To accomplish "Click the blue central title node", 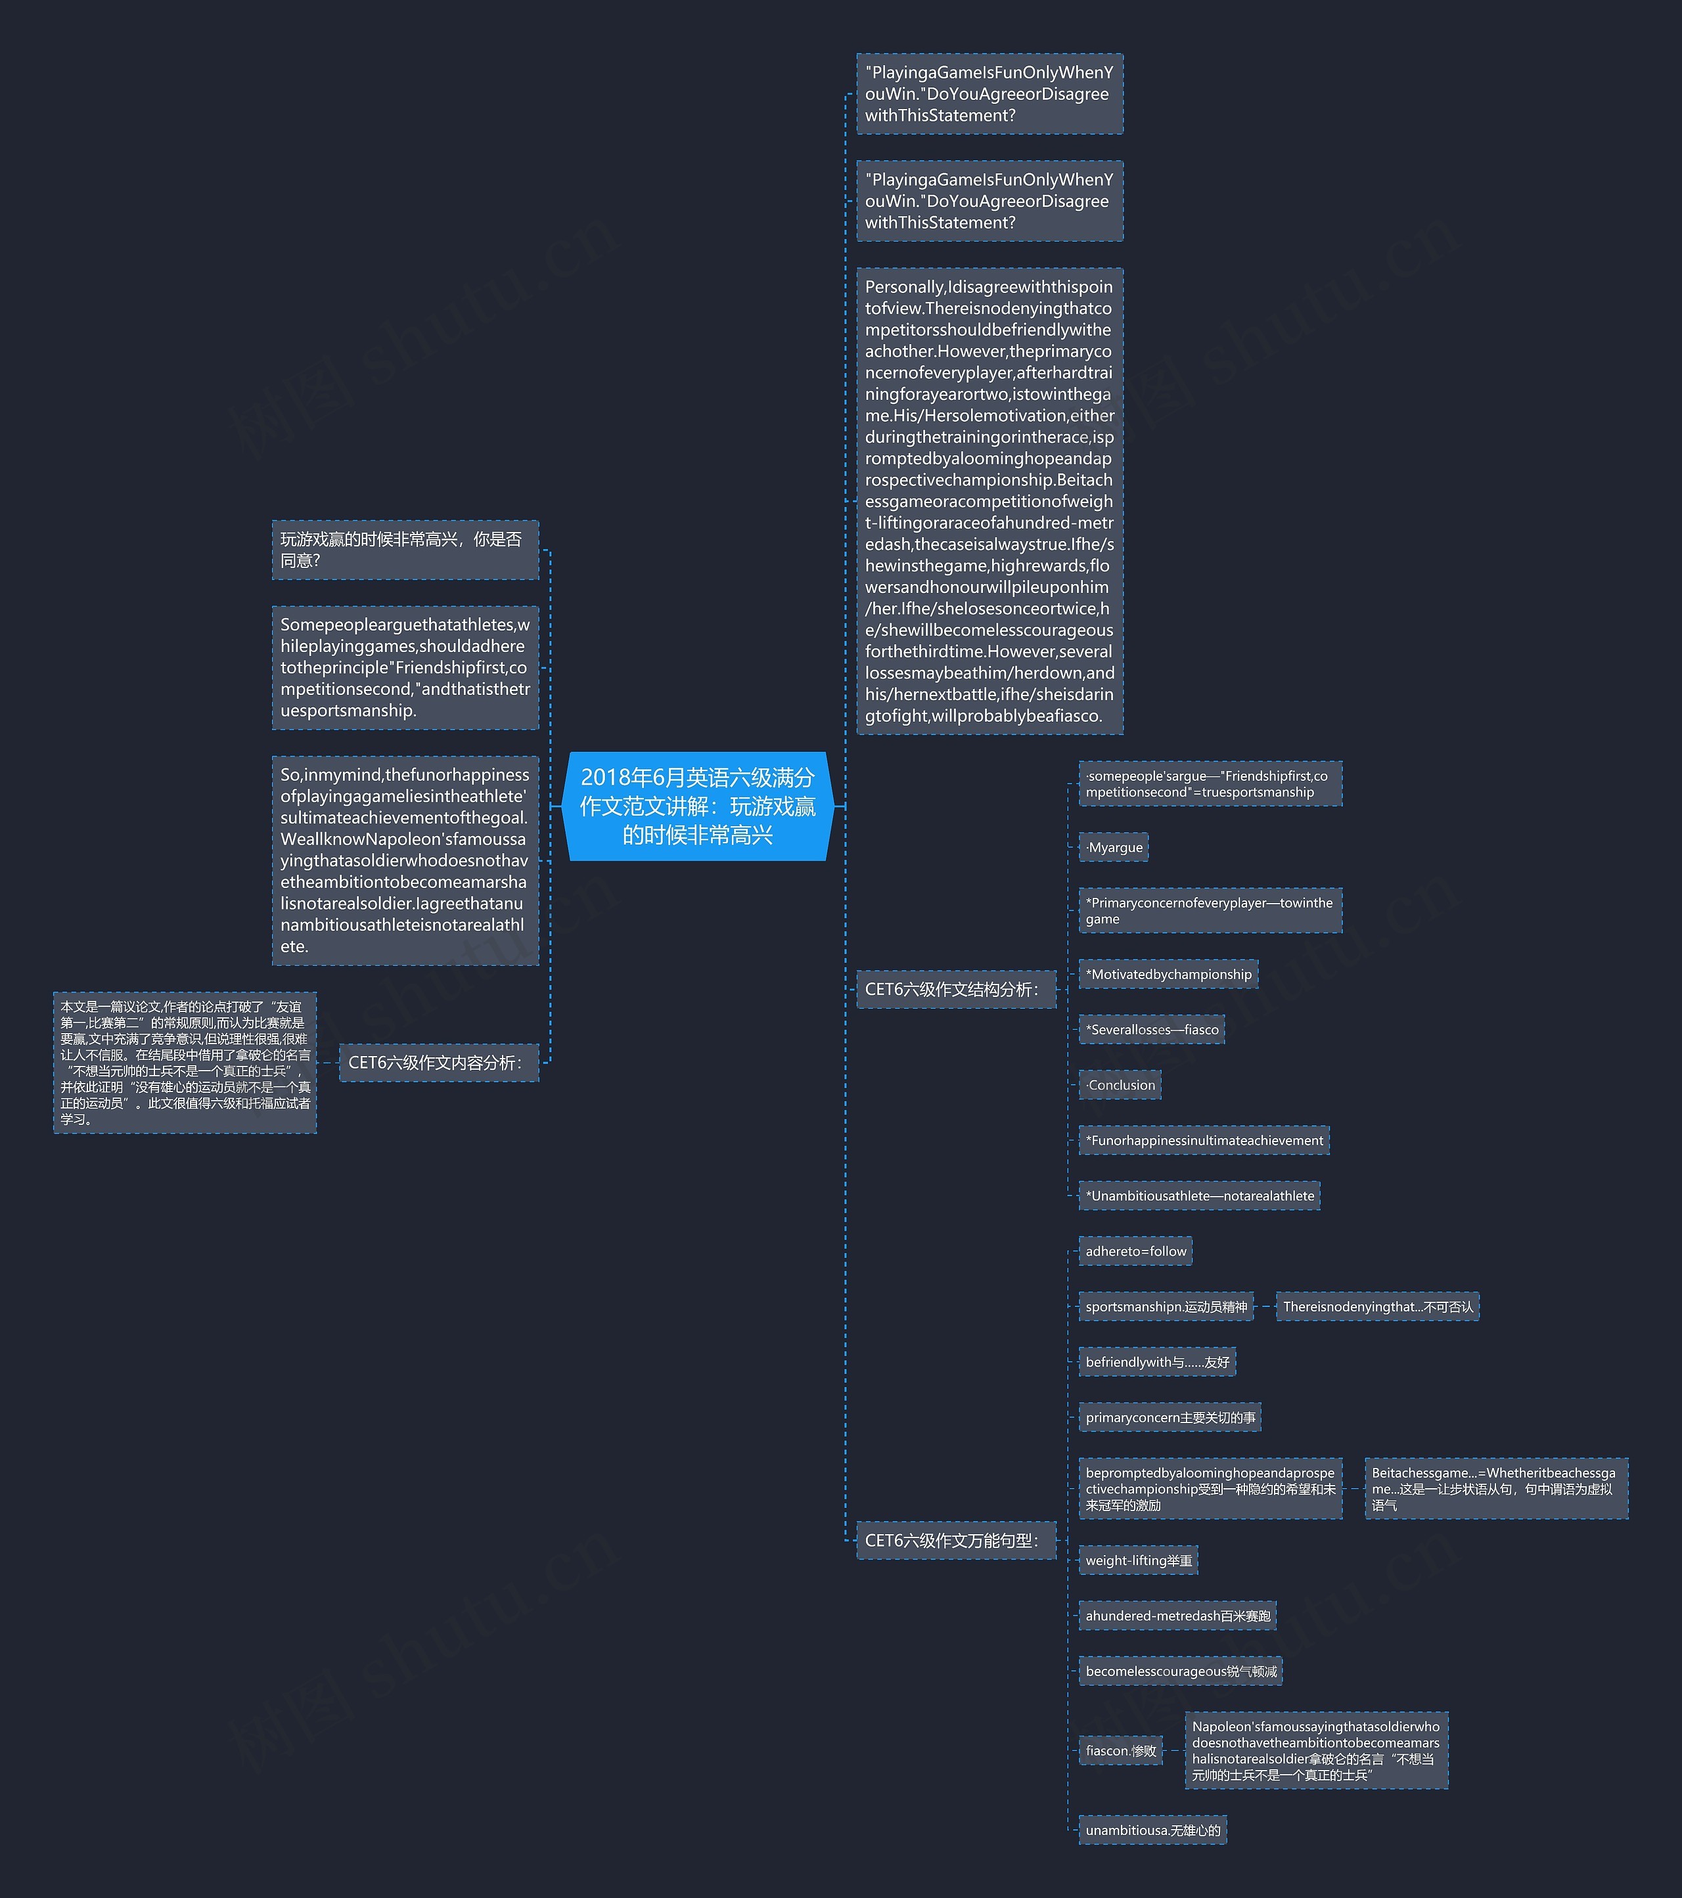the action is (698, 806).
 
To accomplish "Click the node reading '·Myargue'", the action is (1114, 848).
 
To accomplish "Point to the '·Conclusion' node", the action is (1120, 1086).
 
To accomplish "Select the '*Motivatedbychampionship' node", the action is (1168, 974).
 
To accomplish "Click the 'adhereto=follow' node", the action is (1135, 1252).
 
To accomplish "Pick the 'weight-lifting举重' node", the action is (1138, 1561).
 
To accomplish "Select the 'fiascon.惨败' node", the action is (1120, 1752).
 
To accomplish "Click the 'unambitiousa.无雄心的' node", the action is (1152, 1830).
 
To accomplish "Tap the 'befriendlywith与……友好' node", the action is (1157, 1362).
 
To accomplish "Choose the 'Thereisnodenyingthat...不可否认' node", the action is (1377, 1306).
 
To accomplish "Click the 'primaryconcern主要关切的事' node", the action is (1170, 1418).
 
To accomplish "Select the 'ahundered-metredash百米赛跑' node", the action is (1177, 1616).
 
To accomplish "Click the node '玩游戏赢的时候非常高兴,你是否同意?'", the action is (405, 550).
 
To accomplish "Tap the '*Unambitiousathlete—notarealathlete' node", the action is (1199, 1196).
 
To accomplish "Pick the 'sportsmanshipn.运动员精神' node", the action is (1166, 1306).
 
